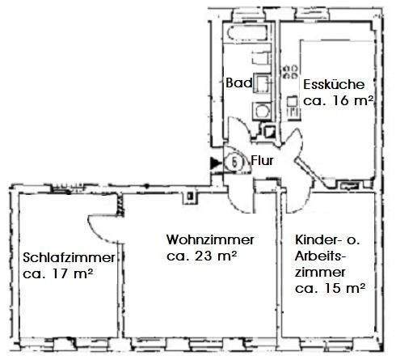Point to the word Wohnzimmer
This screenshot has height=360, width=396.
(211, 241)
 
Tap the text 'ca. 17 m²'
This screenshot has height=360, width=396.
(57, 274)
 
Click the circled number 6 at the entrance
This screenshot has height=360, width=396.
(234, 161)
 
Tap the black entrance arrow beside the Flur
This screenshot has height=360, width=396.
(214, 163)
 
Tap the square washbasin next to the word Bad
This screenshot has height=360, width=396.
(262, 83)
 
